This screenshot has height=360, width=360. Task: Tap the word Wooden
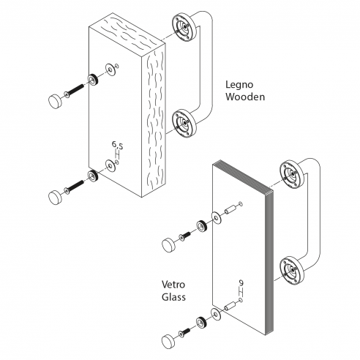pos(245,97)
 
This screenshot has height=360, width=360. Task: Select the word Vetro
pos(173,285)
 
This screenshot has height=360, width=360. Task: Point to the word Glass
pos(173,297)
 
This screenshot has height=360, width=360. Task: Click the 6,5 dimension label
pos(118,145)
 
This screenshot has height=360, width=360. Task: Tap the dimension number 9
pos(241,283)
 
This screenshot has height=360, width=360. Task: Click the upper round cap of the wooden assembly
pos(56,101)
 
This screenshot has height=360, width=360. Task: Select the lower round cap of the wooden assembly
pos(56,197)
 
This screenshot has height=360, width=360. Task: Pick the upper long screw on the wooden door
pos(74,90)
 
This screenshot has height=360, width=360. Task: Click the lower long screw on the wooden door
pos(74,187)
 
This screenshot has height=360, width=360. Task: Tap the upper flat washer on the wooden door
pos(111,70)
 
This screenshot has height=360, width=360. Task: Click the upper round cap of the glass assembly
pos(169,244)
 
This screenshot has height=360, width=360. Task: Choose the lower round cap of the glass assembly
pos(169,341)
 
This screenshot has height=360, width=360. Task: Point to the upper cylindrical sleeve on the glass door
pos(230,210)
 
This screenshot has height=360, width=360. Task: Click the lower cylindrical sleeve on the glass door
pos(230,306)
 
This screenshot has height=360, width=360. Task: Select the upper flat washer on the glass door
pos(217,218)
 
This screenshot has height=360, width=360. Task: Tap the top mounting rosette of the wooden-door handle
pos(184,28)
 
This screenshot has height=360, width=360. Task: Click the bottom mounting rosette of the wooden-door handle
pos(184,124)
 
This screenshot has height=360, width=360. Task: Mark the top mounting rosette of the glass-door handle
pos(292,175)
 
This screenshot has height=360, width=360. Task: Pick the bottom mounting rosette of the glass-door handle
pos(292,271)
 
